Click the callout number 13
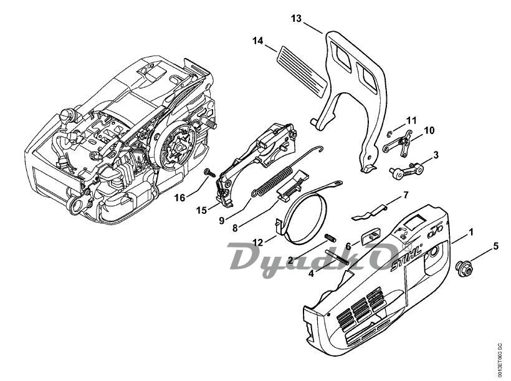point(297,19)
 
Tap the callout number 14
point(258,41)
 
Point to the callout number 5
point(495,246)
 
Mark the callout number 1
point(470,231)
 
